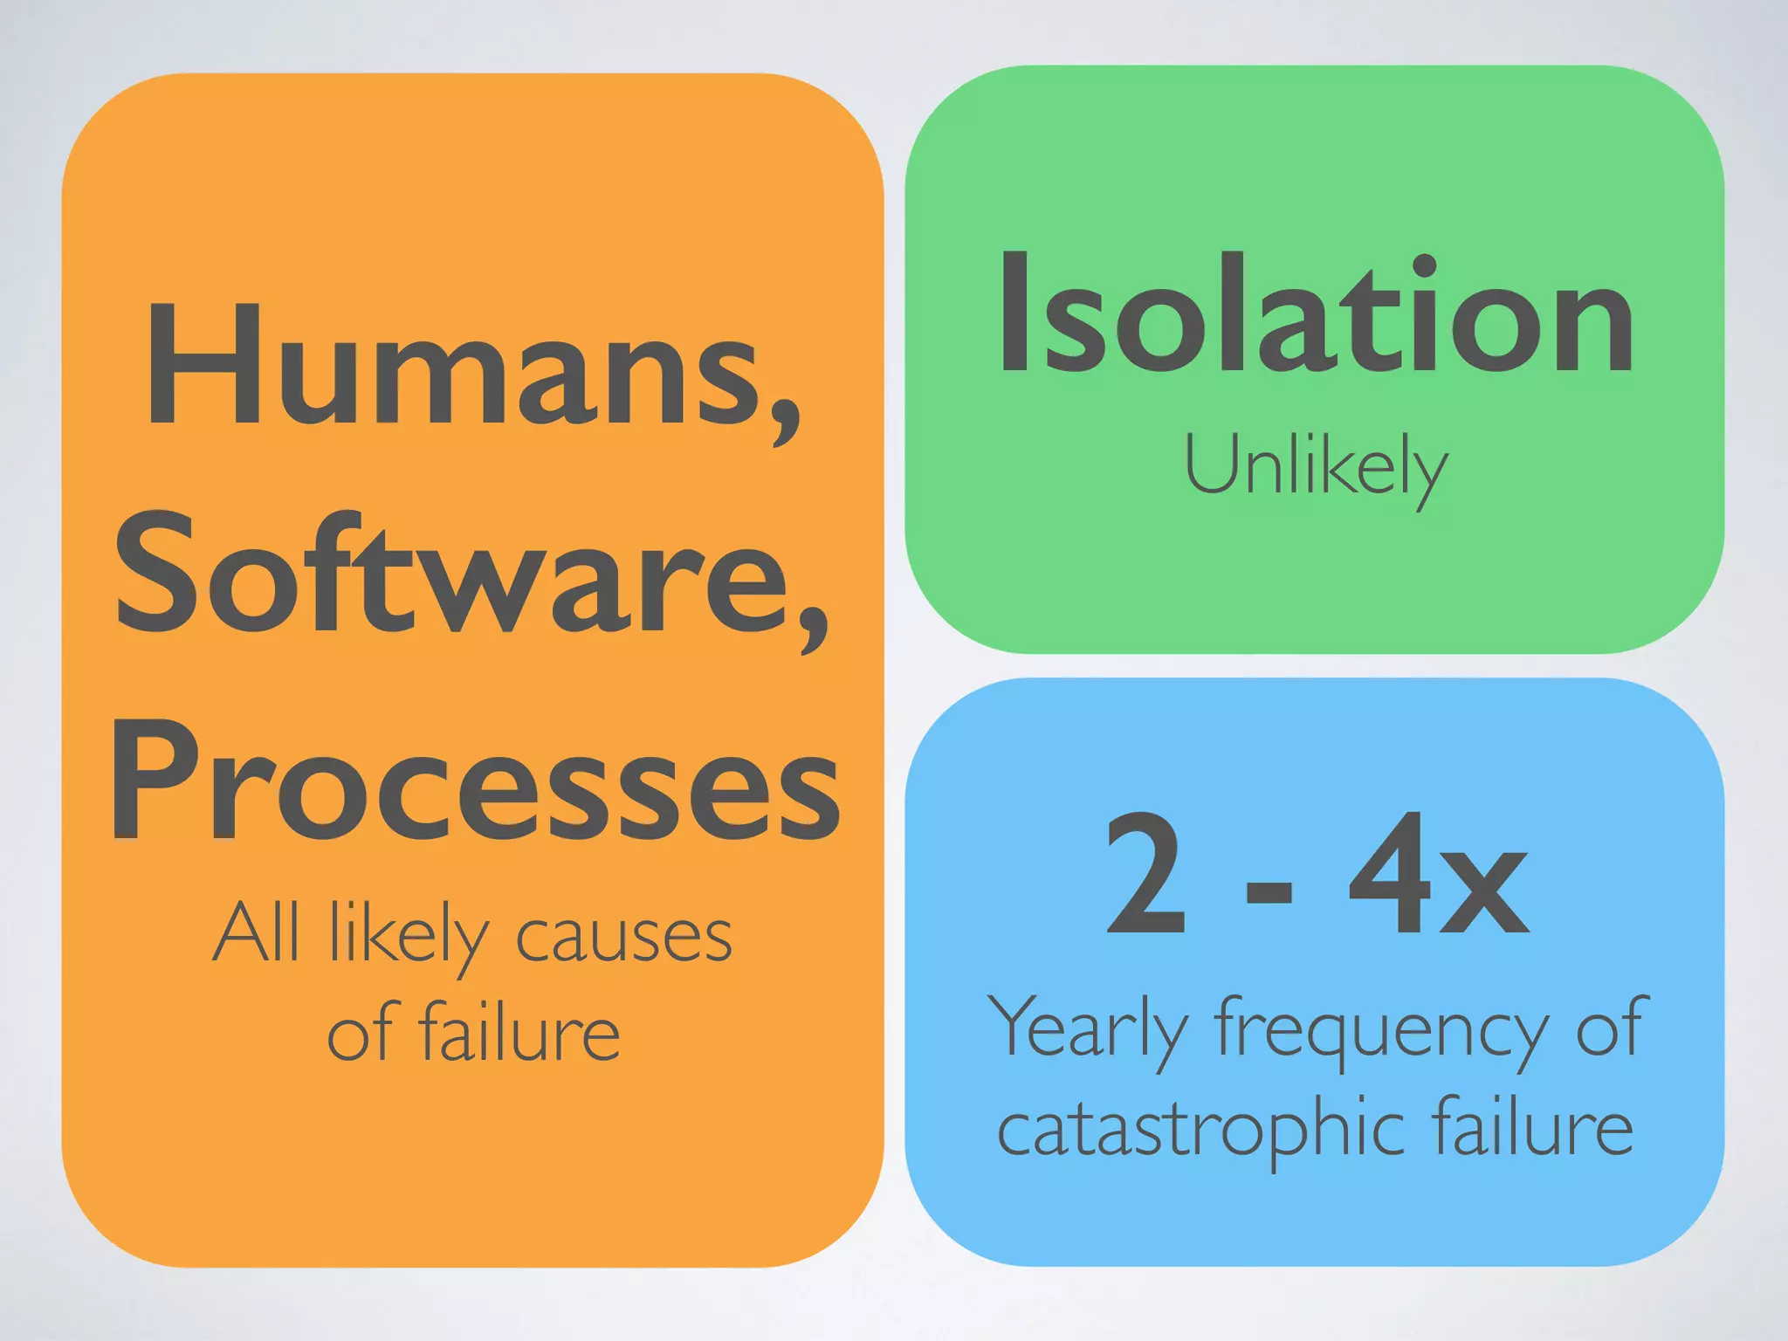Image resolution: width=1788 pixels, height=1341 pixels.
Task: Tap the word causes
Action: (x=623, y=939)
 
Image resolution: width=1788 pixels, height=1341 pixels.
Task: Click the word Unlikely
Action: (x=1315, y=468)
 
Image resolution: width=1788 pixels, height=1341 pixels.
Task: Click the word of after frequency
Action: (x=1611, y=1027)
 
